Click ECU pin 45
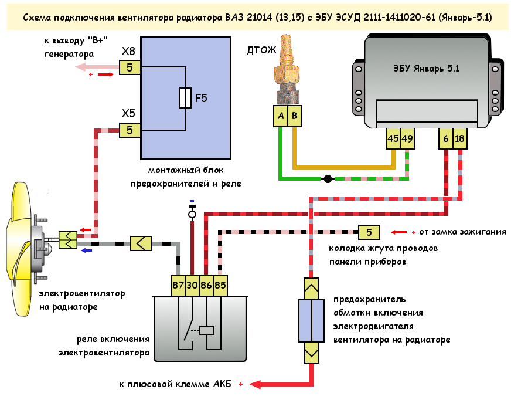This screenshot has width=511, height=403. [393, 138]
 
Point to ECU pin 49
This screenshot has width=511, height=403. [407, 138]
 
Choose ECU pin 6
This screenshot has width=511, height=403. [446, 138]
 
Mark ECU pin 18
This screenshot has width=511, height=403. [460, 138]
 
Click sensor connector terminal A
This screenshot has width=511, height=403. [281, 117]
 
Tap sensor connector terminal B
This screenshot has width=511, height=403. [295, 117]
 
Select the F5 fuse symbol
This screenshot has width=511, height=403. [185, 98]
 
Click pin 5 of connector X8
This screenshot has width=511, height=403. [130, 67]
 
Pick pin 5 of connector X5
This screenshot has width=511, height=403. [130, 130]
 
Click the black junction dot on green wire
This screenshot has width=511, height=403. [328, 178]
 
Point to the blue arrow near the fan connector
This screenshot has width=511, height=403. [86, 250]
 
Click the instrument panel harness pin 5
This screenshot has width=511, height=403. [369, 232]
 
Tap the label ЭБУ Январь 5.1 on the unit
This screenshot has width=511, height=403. [426, 68]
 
